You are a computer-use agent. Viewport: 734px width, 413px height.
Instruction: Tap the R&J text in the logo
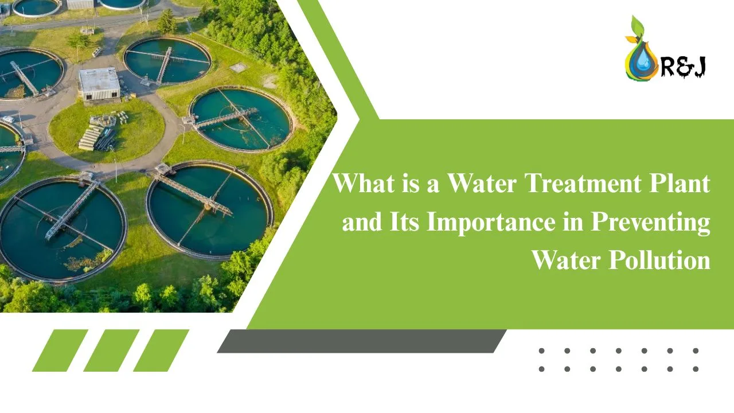(683, 67)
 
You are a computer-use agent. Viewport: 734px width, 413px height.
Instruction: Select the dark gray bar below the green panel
(361, 341)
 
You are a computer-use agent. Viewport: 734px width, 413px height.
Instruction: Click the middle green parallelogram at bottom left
(111, 350)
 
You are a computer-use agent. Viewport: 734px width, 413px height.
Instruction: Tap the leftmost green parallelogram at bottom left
(60, 350)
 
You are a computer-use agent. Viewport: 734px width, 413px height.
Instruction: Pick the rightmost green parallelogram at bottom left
(161, 350)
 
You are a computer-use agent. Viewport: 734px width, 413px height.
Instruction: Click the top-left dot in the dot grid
(542, 350)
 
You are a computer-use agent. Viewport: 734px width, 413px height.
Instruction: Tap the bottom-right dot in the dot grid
(696, 369)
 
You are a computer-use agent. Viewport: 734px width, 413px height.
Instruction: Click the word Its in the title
(406, 222)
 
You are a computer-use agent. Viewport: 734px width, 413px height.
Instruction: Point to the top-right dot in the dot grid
(696, 350)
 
